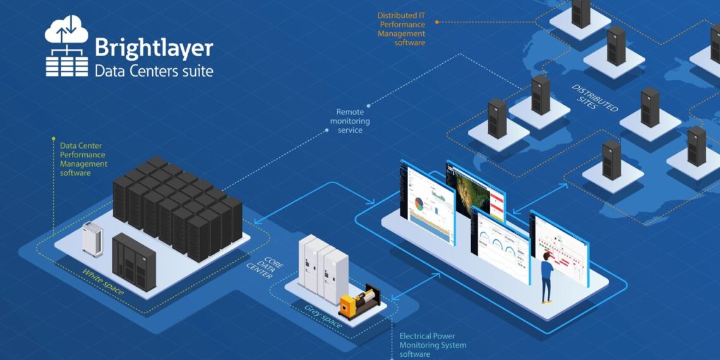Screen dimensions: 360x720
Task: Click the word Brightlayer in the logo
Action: [153, 48]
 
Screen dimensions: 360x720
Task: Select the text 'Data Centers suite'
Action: [153, 70]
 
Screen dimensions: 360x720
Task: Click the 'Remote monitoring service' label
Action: [350, 121]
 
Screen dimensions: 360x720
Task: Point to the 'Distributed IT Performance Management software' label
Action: [402, 29]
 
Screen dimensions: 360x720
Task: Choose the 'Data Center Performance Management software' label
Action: [83, 159]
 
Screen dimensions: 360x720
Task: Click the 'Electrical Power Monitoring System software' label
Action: [433, 345]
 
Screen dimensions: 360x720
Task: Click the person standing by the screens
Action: [546, 277]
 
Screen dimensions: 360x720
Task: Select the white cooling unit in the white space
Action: [92, 239]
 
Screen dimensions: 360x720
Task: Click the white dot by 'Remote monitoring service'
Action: [327, 129]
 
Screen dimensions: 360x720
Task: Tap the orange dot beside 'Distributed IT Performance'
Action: [437, 22]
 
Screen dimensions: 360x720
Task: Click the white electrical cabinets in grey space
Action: [323, 265]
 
